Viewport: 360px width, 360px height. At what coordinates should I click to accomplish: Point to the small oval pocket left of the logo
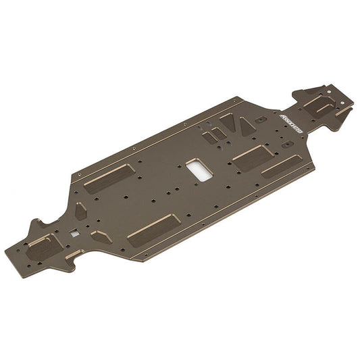[261, 120]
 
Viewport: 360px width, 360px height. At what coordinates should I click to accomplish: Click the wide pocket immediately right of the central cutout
[251, 154]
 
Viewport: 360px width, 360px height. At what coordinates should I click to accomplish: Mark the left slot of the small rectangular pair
[207, 136]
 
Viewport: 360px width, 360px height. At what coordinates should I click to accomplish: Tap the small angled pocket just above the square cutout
[80, 211]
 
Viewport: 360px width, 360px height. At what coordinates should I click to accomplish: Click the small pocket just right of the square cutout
[101, 236]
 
